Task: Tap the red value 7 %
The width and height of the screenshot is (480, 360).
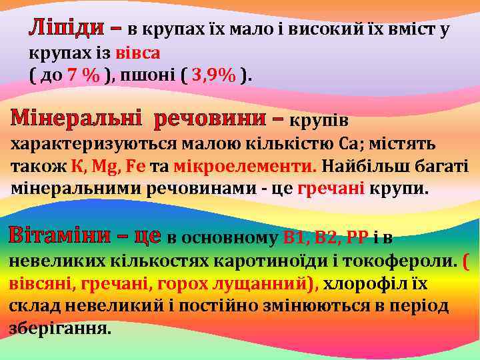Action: pyautogui.click(x=83, y=75)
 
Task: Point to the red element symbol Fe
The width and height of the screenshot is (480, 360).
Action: pyautogui.click(x=139, y=166)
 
